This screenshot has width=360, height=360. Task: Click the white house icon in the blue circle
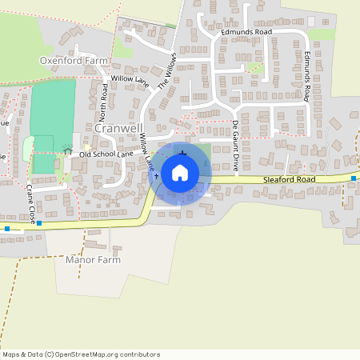[x=180, y=172]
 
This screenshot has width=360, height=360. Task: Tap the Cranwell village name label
[x=118, y=129]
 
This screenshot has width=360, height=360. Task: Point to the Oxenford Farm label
[x=74, y=61]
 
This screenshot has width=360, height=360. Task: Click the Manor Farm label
[x=93, y=260]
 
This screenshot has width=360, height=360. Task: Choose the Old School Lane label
[x=106, y=153]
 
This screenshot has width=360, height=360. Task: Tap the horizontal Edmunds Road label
[x=247, y=32]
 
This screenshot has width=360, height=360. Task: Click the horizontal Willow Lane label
[x=130, y=79]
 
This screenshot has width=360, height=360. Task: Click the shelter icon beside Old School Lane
[x=67, y=150]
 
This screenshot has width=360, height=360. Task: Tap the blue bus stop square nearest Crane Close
[x=39, y=223]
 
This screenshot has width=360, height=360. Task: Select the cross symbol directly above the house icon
[x=183, y=152]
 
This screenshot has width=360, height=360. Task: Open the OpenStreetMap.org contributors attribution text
[x=104, y=354]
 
